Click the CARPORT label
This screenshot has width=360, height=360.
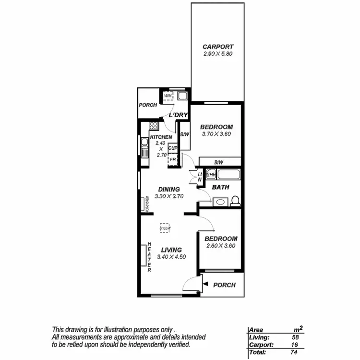218,47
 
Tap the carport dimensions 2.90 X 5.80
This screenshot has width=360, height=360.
218,54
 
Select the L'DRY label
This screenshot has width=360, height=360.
177,115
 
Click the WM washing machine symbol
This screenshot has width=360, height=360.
168,96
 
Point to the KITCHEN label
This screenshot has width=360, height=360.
161,137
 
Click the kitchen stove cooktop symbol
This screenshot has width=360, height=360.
154,126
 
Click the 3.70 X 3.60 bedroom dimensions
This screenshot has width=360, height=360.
216,134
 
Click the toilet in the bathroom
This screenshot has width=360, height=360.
235,201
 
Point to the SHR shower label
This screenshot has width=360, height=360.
211,175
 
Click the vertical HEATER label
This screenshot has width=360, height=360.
149,257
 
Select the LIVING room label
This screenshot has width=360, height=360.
171,250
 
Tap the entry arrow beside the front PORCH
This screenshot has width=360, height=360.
205,285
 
